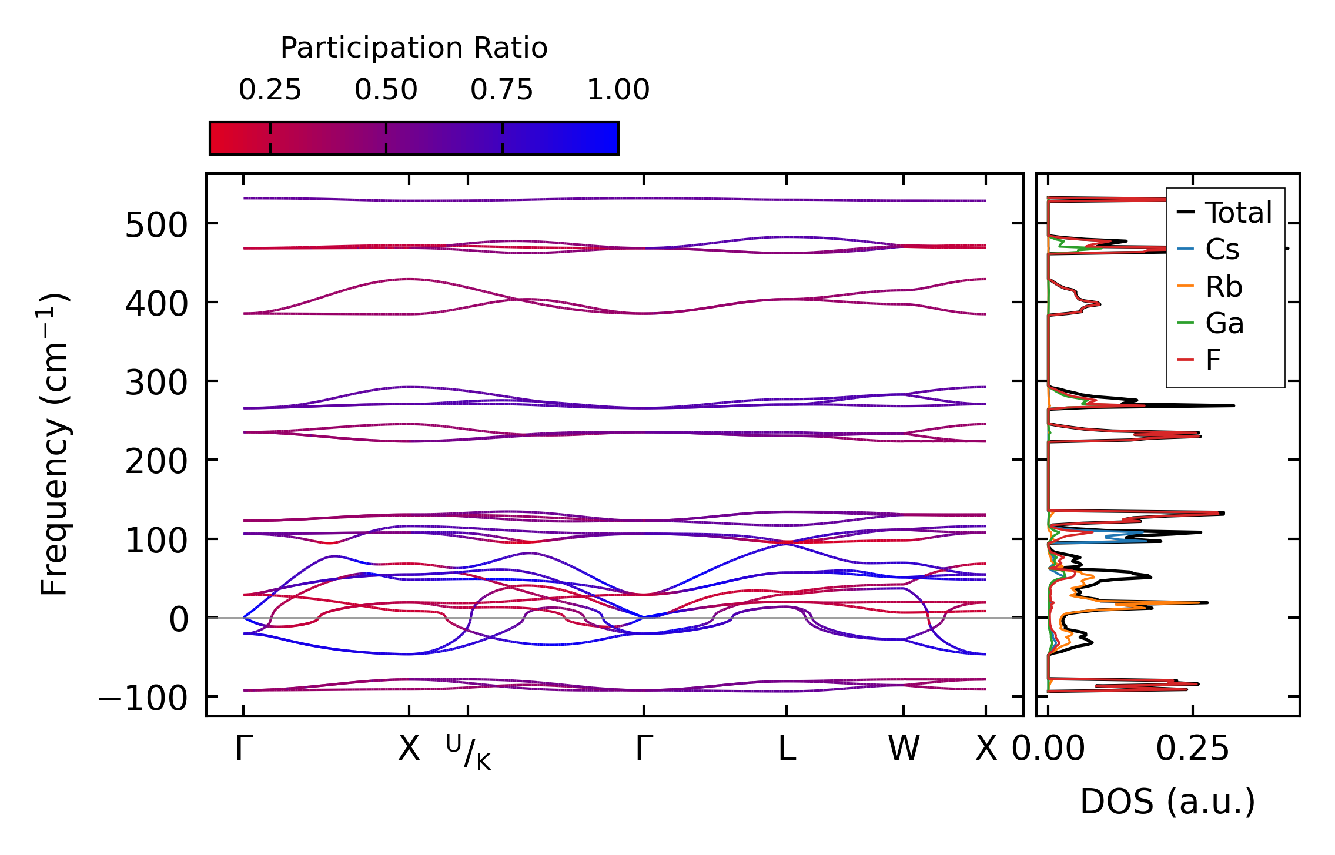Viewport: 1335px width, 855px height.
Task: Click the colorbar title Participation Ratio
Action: [x=414, y=48]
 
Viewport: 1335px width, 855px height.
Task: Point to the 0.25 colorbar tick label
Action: [x=270, y=90]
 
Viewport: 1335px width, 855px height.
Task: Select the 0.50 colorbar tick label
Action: [x=386, y=90]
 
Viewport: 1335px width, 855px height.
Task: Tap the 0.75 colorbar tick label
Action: [x=501, y=90]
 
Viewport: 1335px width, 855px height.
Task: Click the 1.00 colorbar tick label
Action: [x=618, y=90]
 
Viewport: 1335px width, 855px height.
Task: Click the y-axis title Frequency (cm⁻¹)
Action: [x=55, y=444]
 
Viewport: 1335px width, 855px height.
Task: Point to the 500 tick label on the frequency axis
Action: [x=156, y=226]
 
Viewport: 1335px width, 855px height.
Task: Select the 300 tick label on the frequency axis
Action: [x=156, y=383]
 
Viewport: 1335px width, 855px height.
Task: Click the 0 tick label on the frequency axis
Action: [x=179, y=620]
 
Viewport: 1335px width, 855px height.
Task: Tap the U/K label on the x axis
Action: [x=469, y=752]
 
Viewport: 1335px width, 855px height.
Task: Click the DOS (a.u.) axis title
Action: [x=1167, y=802]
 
